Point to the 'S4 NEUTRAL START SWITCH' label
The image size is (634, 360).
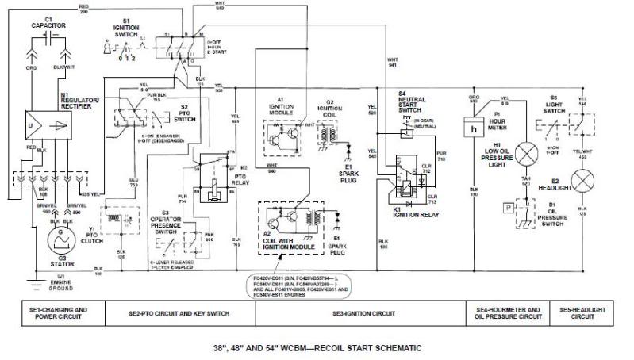coord(413,101)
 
